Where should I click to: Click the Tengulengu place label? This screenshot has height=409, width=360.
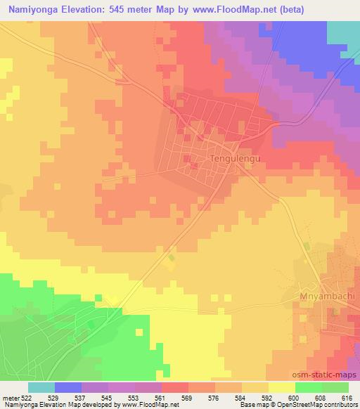[236, 159]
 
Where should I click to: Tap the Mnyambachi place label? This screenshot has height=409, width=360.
[327, 296]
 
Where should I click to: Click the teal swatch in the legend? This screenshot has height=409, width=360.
[41, 387]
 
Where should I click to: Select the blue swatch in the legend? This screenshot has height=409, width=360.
[68, 387]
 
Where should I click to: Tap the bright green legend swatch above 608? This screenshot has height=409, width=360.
[309, 387]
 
